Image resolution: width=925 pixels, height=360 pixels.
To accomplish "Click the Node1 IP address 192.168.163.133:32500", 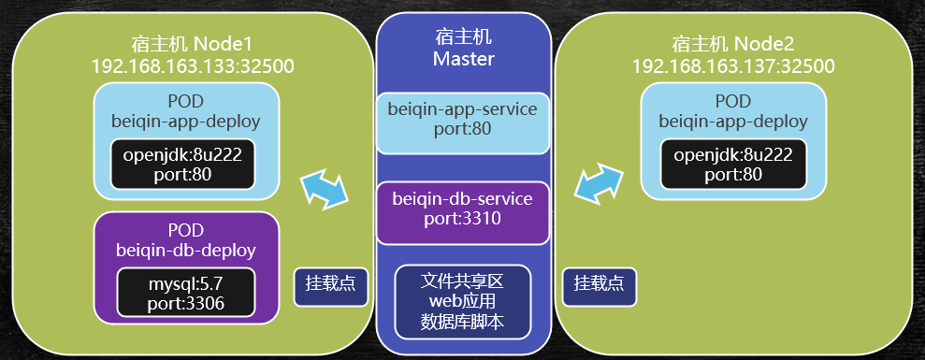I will click(193, 65).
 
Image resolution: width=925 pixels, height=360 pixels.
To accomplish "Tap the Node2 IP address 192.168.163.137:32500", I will click(732, 65).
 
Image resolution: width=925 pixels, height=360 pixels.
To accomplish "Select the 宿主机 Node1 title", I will click(193, 45).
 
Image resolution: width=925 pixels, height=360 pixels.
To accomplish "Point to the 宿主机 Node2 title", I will click(732, 45).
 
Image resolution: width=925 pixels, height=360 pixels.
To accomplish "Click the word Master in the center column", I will click(463, 58).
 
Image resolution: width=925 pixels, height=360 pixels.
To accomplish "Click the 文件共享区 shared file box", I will click(463, 301).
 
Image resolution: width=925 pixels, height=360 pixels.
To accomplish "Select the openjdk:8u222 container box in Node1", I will click(183, 164).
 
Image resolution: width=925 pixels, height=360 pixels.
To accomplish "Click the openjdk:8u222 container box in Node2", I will click(733, 164).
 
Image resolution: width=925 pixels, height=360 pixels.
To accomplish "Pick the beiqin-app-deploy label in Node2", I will click(733, 121).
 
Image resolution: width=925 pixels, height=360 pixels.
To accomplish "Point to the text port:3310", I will click(462, 220).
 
